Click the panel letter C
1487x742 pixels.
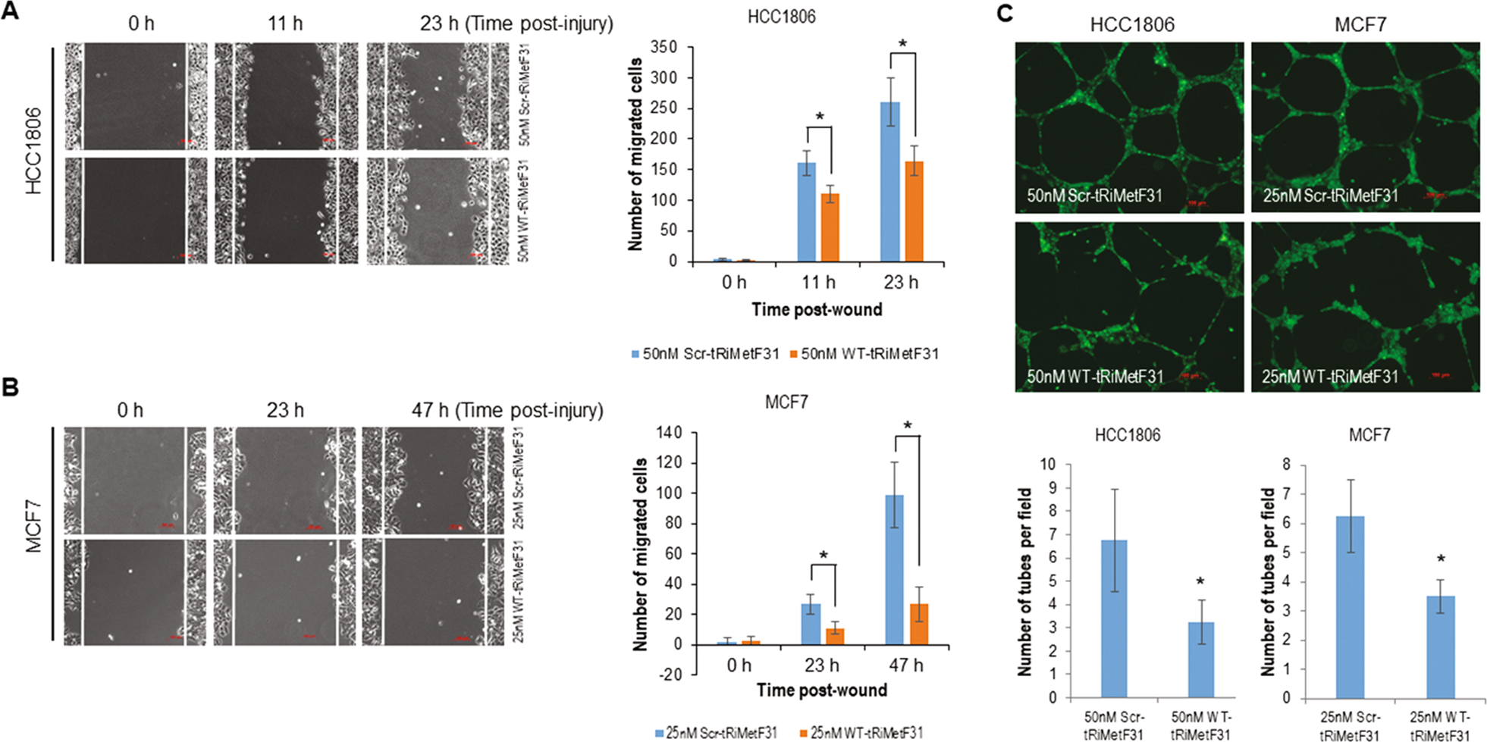click(x=1005, y=12)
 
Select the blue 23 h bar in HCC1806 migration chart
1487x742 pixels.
click(x=889, y=182)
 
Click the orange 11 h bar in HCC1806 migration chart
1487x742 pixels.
click(x=830, y=227)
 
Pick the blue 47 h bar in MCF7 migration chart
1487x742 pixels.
click(x=894, y=569)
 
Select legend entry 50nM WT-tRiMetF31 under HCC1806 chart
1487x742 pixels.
click(x=864, y=354)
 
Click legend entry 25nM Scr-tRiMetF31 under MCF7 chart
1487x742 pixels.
click(x=716, y=733)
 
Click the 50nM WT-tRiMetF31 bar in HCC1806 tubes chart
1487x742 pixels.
click(x=1200, y=659)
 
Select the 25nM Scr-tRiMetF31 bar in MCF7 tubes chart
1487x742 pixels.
click(x=1350, y=606)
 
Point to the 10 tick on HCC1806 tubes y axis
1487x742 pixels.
click(x=1048, y=464)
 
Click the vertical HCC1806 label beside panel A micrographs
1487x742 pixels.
click(x=33, y=152)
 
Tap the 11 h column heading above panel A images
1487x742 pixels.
click(x=285, y=24)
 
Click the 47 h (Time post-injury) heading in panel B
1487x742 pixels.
click(x=507, y=410)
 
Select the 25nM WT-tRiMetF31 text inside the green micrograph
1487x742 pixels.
click(x=1329, y=377)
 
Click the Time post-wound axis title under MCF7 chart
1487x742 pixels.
click(x=821, y=690)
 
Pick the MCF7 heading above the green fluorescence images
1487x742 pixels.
click(x=1360, y=25)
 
